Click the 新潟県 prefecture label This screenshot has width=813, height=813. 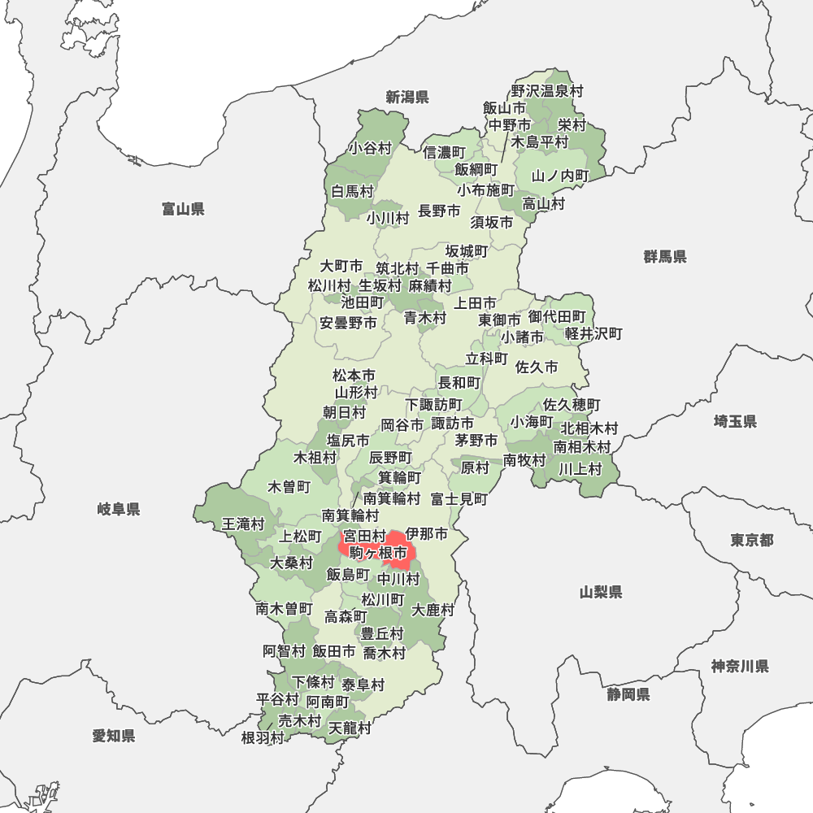(x=407, y=98)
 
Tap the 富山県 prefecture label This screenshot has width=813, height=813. (x=183, y=210)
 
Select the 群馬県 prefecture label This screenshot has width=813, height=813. (x=665, y=257)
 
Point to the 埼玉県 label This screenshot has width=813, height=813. (x=735, y=421)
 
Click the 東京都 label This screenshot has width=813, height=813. (x=752, y=540)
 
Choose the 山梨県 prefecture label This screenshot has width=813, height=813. (x=601, y=592)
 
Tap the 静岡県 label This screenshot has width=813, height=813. (x=628, y=694)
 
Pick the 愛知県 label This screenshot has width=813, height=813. (x=114, y=736)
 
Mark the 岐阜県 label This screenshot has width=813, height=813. (x=119, y=510)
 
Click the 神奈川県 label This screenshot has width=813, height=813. (x=740, y=667)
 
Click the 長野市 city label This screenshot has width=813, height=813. (x=439, y=211)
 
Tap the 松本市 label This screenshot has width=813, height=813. (x=354, y=376)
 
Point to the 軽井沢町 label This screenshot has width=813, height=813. (x=593, y=333)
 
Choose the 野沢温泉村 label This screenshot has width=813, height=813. (x=547, y=92)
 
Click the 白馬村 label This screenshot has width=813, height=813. (x=353, y=192)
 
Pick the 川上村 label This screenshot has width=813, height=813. (x=580, y=468)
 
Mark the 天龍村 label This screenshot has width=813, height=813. (x=350, y=728)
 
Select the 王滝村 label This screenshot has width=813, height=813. (x=244, y=524)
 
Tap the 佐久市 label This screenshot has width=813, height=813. (x=537, y=367)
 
